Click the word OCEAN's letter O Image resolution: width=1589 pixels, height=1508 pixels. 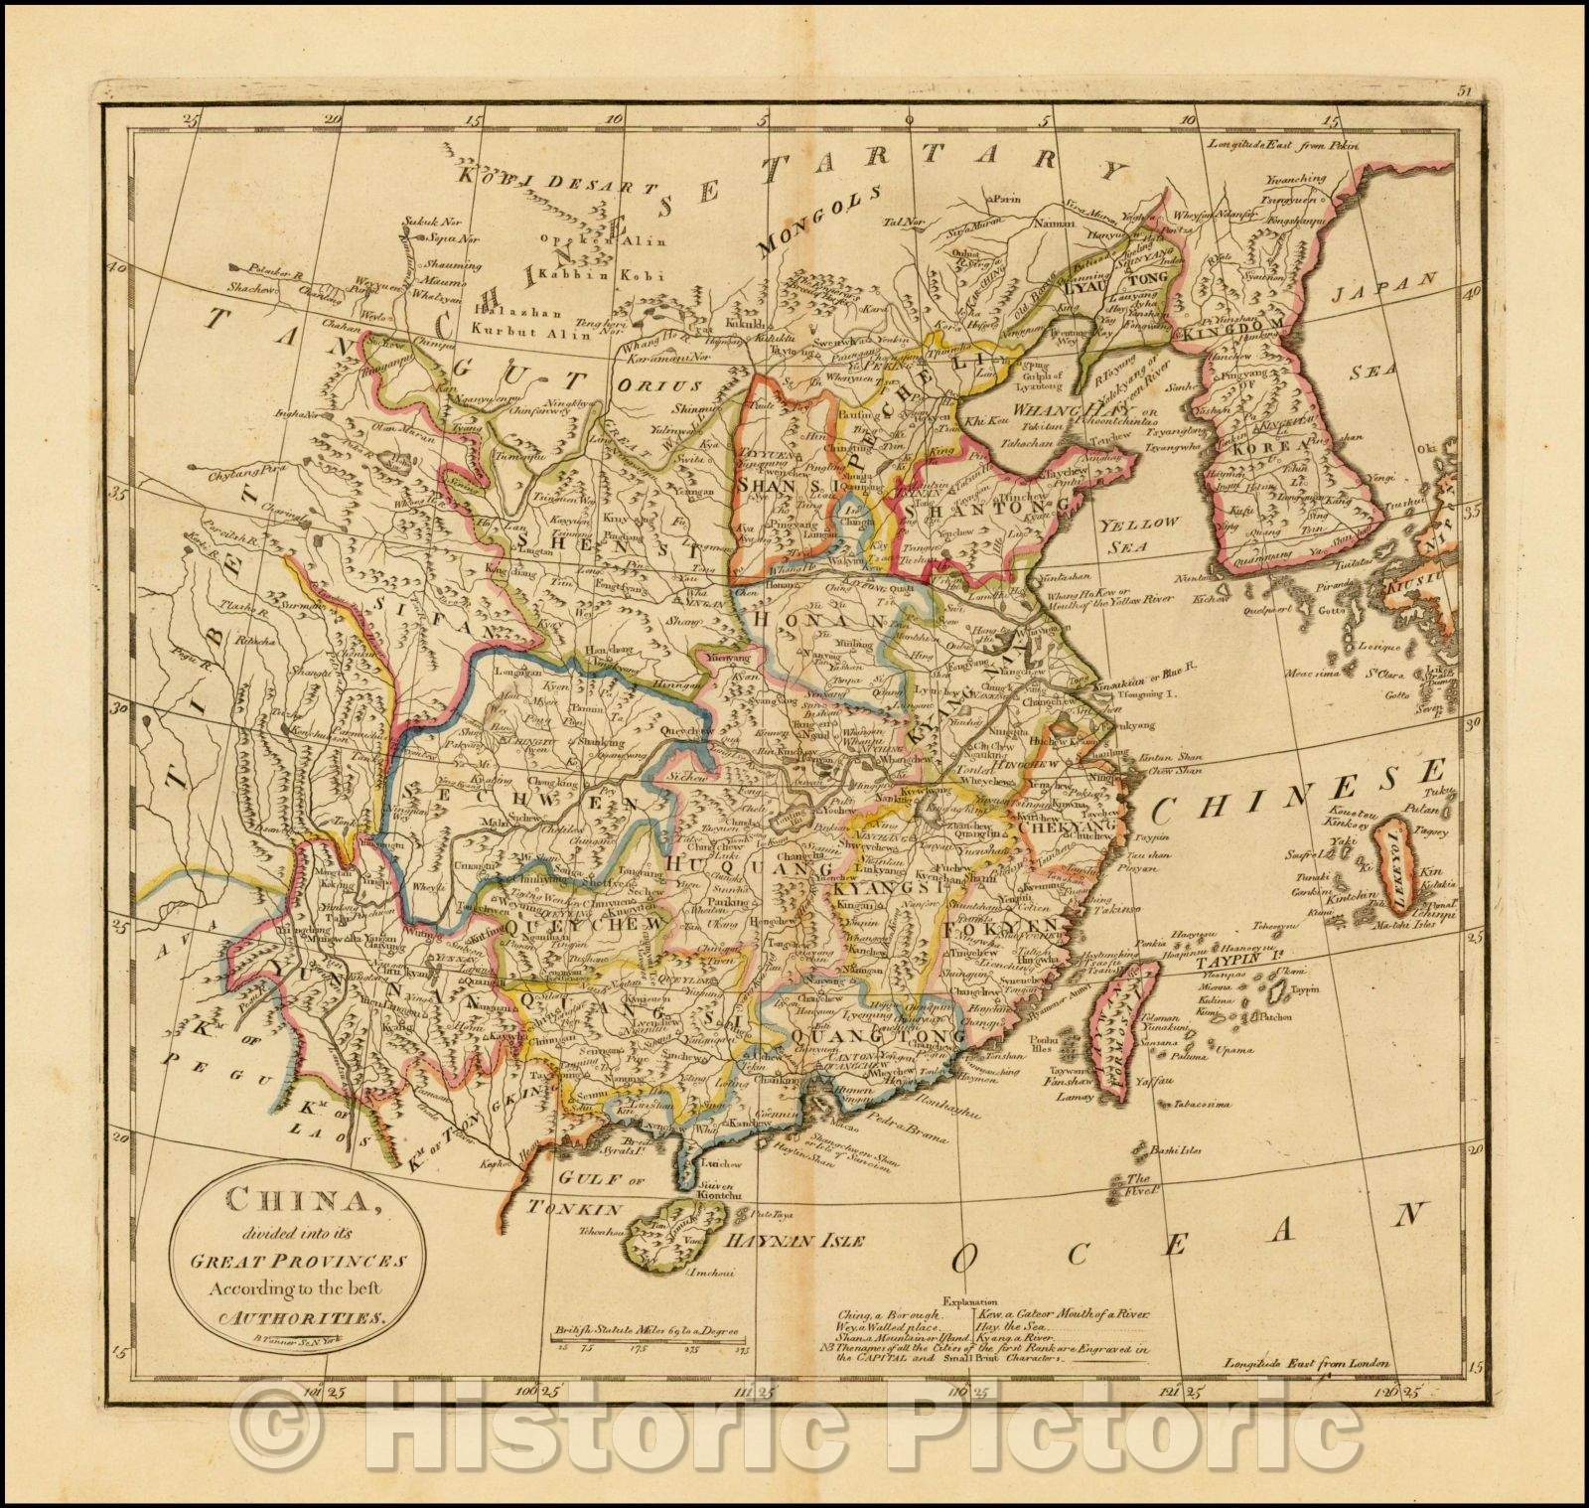(960, 1259)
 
